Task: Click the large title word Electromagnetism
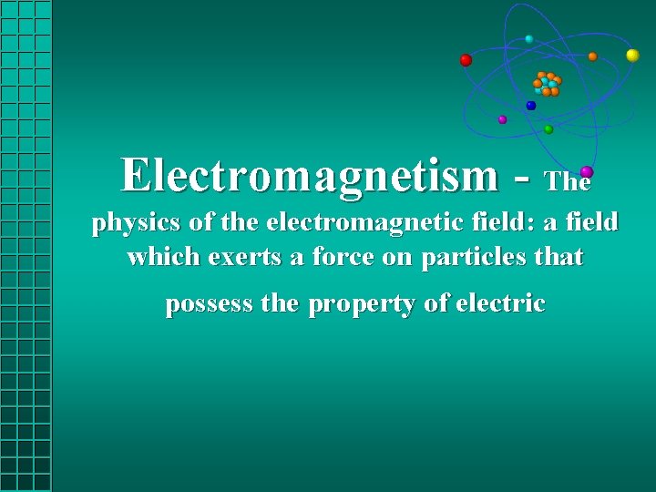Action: [x=309, y=174]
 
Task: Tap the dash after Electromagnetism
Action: [x=521, y=177]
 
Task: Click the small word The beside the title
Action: [x=569, y=182]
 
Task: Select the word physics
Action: [x=128, y=223]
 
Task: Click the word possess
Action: [x=209, y=304]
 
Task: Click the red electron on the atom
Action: [x=466, y=60]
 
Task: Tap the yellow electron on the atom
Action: [x=632, y=56]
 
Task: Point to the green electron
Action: [x=548, y=129]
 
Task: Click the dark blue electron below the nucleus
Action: [x=531, y=106]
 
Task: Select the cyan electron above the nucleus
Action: [x=528, y=39]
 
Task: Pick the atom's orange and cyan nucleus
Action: [x=547, y=84]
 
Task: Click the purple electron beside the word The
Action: [x=587, y=171]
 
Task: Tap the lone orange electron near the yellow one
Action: [x=592, y=56]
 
